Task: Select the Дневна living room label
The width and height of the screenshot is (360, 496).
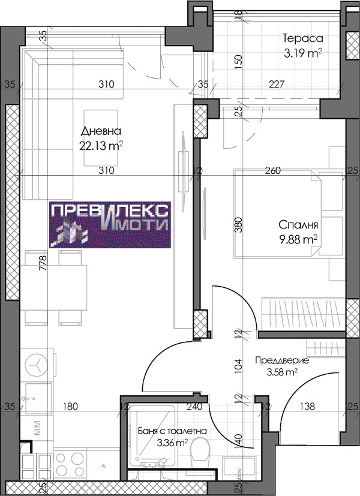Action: [x=101, y=131]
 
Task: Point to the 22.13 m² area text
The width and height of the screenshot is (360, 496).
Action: [x=101, y=145]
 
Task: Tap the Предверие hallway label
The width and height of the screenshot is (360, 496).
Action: [x=281, y=360]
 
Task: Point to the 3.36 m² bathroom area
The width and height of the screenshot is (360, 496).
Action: [x=172, y=443]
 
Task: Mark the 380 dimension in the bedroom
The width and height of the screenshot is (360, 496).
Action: [x=238, y=224]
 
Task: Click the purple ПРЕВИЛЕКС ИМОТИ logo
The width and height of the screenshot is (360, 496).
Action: [x=110, y=224]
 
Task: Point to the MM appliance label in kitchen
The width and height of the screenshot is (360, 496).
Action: [x=37, y=429]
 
